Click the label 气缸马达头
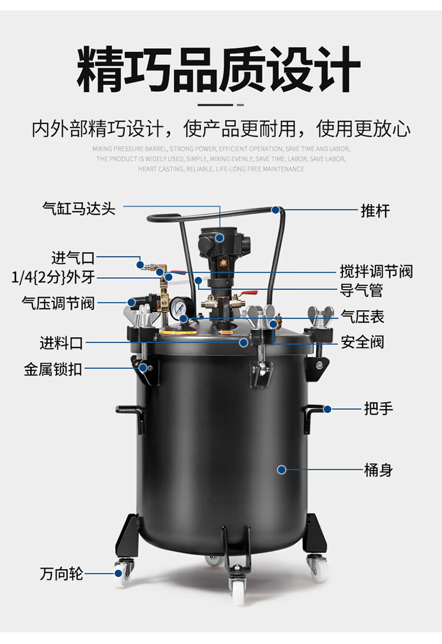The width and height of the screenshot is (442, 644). coord(79,208)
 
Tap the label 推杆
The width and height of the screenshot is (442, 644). coord(375,211)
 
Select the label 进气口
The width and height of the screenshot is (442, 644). coord(73,258)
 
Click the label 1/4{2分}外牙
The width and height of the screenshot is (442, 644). coord(54,277)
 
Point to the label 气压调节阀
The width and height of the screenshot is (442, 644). coord(58,303)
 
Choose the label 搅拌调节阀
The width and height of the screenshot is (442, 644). coord(376,271)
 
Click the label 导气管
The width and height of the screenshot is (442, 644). coord(362,290)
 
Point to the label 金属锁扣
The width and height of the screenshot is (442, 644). coord(53,370)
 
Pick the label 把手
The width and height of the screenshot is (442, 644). coord(378,408)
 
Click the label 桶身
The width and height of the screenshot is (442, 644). coord(378,470)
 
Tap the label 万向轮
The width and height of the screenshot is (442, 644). coord(62,573)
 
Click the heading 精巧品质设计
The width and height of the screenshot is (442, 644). coord(219,70)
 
